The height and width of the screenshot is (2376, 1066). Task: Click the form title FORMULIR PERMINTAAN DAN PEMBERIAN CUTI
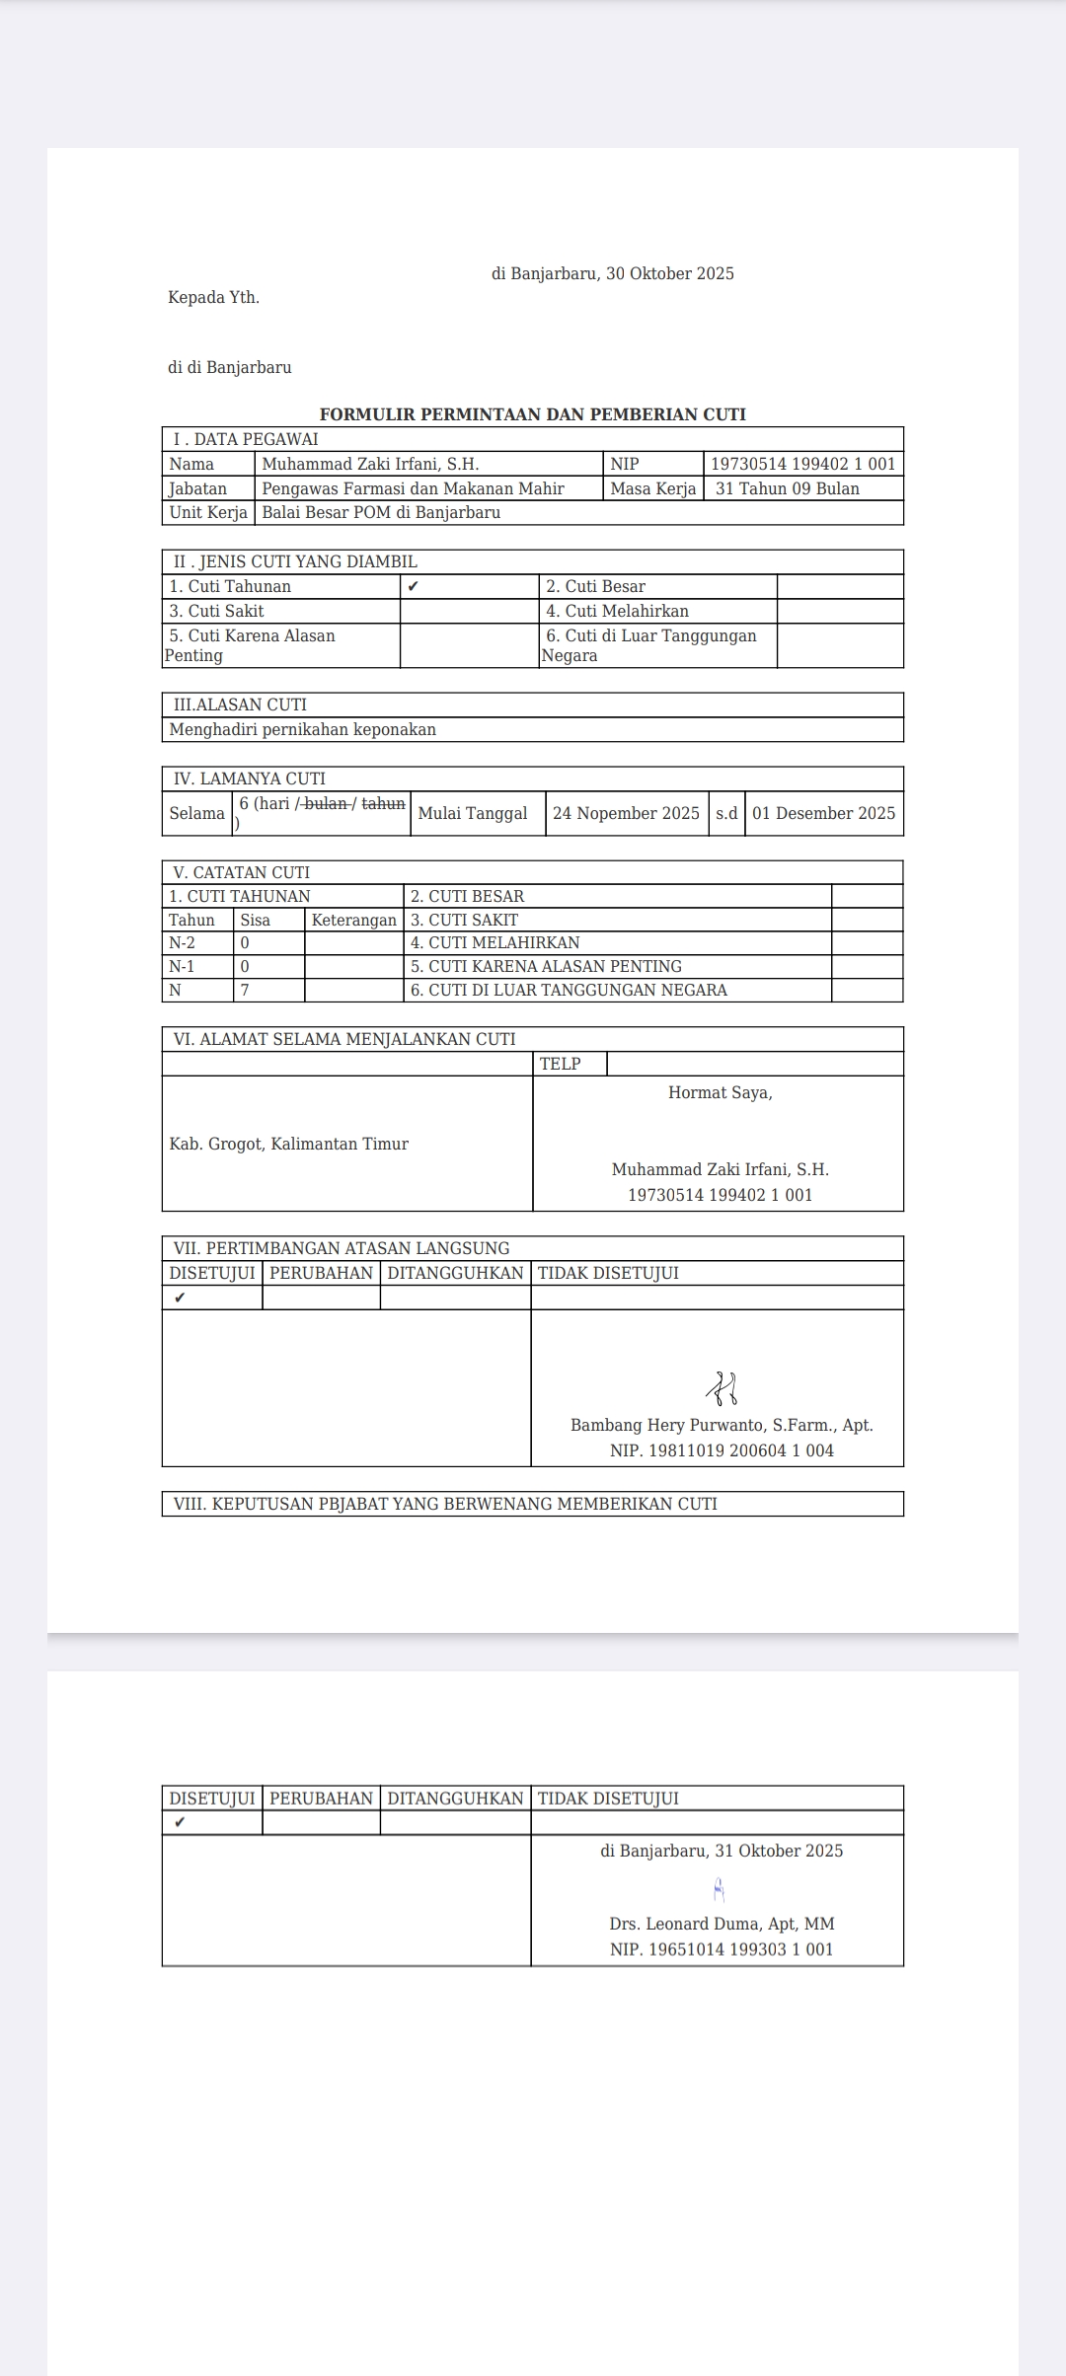coord(532,414)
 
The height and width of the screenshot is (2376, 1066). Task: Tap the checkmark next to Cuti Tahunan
coord(413,586)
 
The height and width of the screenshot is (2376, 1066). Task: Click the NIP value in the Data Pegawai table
coord(802,464)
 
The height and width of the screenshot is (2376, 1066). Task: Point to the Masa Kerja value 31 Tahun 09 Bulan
coord(787,488)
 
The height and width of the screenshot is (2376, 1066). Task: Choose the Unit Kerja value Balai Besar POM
coord(381,512)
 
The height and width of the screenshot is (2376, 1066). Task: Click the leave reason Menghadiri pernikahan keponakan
coord(302,729)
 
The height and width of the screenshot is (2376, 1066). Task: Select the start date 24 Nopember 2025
coord(626,813)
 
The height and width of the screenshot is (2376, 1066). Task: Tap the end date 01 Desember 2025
coord(823,813)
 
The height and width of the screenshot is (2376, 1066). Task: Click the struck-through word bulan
coord(326,803)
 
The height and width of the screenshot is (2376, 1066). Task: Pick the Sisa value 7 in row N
coord(245,990)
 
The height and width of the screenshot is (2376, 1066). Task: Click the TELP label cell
coord(560,1064)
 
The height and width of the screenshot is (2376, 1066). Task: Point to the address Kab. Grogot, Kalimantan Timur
coord(288,1144)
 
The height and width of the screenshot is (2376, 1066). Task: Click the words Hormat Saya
coord(720,1092)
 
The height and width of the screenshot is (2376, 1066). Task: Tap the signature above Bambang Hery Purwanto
coord(723,1388)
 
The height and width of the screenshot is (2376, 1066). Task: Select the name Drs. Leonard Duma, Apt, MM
coord(722,1923)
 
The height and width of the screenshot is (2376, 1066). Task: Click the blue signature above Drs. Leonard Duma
coord(719,1889)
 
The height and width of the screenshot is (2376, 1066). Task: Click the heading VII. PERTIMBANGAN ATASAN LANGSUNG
coord(341,1248)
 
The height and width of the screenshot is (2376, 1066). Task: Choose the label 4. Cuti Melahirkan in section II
coord(617,611)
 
